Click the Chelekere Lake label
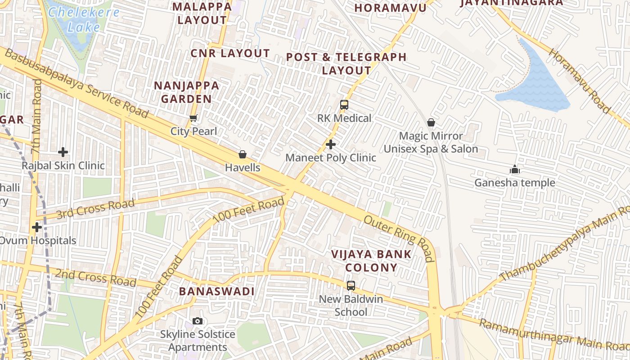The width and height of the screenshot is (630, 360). [x=83, y=19]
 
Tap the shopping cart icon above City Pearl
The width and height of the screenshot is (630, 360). [x=193, y=118]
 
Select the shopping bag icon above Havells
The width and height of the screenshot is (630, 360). [x=243, y=155]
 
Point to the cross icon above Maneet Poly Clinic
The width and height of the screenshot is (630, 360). [x=331, y=144]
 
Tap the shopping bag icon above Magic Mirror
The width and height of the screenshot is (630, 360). [x=431, y=122]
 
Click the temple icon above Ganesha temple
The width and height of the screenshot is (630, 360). [x=515, y=170]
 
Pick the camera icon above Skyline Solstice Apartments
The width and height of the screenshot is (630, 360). [x=197, y=321]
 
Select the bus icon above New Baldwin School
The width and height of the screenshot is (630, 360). [x=351, y=285]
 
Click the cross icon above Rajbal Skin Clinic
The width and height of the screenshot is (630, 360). [x=63, y=152]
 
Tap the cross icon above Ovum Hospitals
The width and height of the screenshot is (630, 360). [x=37, y=227]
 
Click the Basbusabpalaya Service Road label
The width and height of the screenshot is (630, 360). [x=76, y=84]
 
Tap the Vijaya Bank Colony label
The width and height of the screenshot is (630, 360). [x=371, y=261]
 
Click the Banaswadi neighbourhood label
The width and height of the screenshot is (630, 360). [x=217, y=291]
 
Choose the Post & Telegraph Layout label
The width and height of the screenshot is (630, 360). [x=346, y=64]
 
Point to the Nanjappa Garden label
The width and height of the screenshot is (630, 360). [x=187, y=92]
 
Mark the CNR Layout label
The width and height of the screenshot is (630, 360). [x=230, y=53]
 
